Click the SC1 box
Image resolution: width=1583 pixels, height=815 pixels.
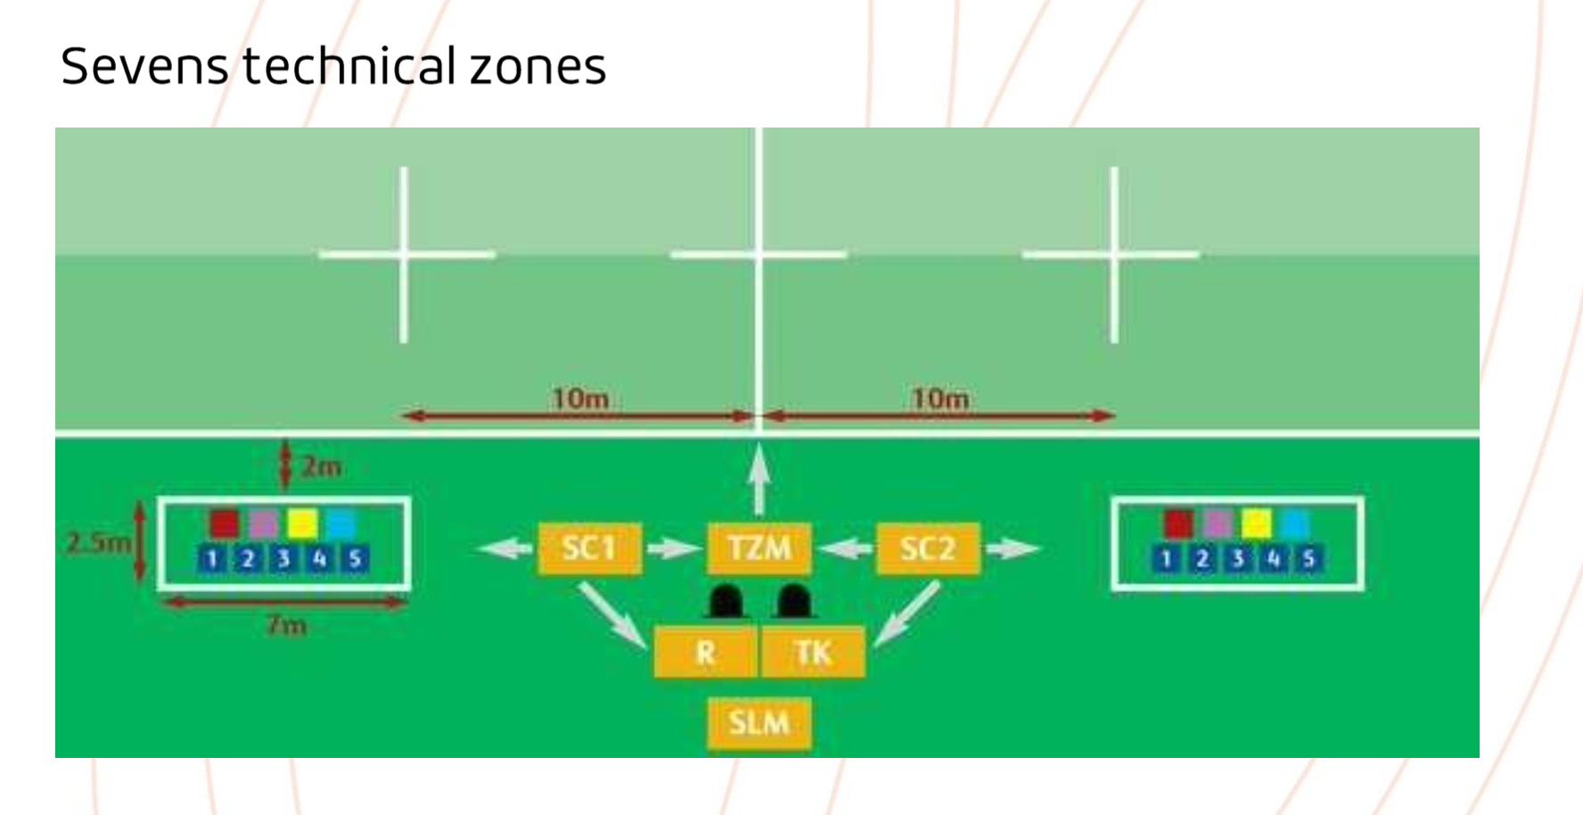tap(589, 547)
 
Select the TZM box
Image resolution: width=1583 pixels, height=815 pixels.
tap(759, 547)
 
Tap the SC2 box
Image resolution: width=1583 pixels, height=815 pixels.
tap(928, 547)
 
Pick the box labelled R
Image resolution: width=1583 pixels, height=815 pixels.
tap(705, 653)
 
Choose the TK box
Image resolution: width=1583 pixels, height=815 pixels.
tap(813, 653)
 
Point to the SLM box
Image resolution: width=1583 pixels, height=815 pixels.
tap(759, 722)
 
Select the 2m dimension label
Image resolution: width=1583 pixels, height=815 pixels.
tap(321, 466)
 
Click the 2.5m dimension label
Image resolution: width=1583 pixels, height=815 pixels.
tap(97, 542)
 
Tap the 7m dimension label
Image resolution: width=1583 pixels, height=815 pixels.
tap(286, 625)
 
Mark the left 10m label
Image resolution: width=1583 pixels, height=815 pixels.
tap(580, 398)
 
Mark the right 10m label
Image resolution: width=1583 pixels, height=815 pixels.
tap(939, 398)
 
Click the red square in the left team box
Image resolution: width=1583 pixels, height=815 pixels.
tap(225, 523)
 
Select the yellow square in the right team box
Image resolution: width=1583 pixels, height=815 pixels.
tap(1256, 523)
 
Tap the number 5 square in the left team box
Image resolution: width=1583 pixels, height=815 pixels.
tap(355, 559)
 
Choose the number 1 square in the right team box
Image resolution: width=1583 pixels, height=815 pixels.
tap(1165, 559)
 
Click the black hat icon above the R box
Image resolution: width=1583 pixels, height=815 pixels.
tap(726, 602)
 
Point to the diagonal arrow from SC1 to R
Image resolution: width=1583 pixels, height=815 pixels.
tap(612, 615)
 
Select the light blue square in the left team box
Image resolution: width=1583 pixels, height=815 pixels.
tap(340, 523)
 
